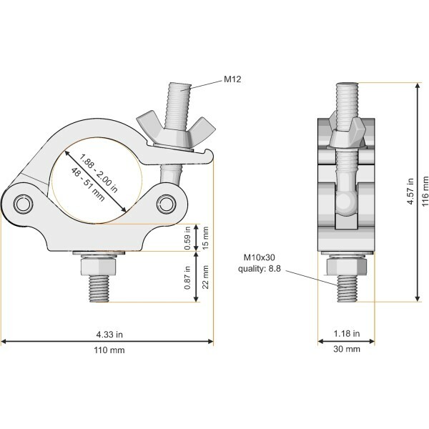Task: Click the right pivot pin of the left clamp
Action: point(167,204)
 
